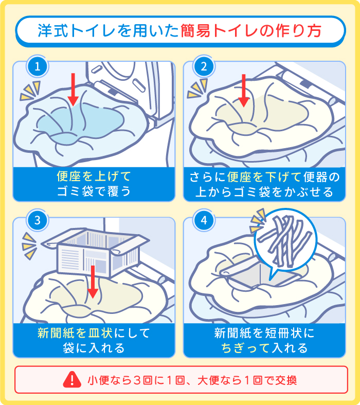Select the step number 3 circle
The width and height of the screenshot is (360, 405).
37,220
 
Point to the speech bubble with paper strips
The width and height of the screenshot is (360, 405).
282,239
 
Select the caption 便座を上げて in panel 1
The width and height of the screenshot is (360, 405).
94,178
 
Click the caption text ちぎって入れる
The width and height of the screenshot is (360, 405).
264,348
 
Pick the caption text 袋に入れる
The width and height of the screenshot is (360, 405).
94,348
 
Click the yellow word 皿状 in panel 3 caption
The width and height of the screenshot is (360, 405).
100,333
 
